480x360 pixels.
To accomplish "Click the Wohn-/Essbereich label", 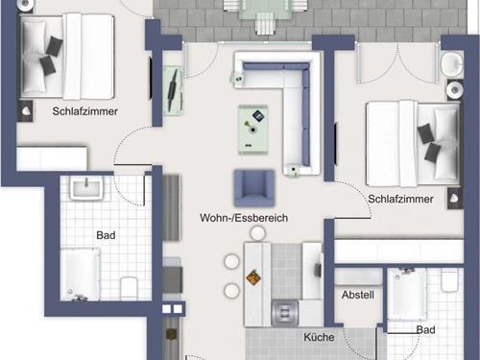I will point(244,218).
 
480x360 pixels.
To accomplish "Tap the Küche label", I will point(319,337).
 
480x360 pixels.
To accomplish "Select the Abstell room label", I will point(357,295).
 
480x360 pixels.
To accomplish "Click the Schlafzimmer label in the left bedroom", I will point(84,111).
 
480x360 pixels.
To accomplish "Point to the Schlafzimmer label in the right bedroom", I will point(399,199).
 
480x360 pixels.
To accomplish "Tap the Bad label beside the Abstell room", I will point(425,329).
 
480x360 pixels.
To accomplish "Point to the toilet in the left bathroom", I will point(131,286).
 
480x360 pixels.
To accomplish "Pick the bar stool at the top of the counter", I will point(230,234).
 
